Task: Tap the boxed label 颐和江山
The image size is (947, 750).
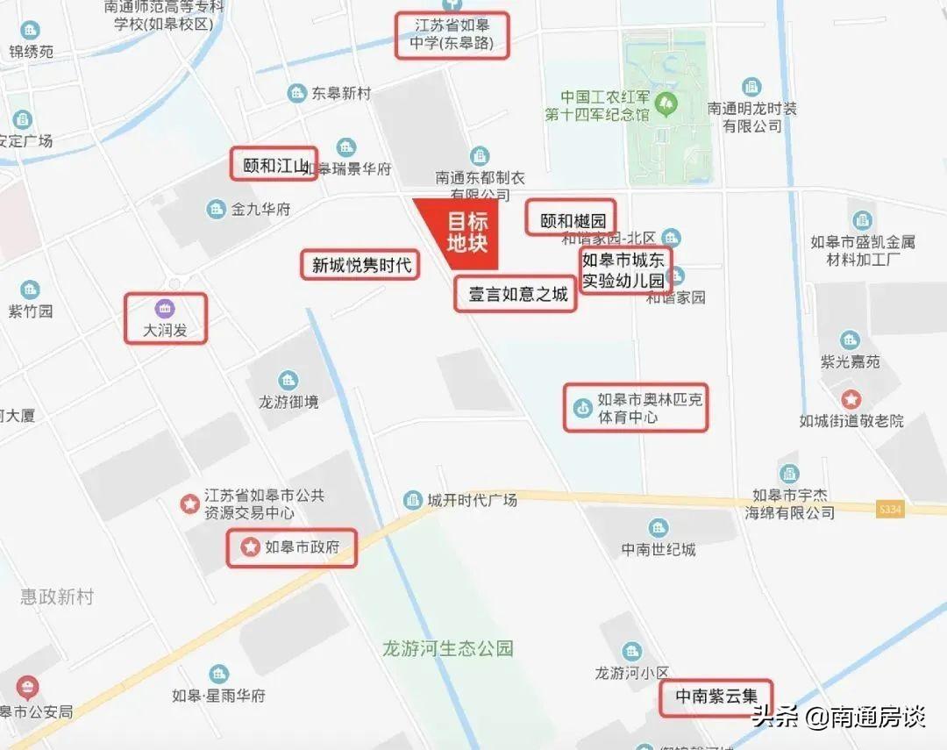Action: tap(274, 164)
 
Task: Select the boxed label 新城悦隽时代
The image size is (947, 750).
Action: tap(360, 264)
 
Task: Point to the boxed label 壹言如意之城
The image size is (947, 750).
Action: tap(516, 294)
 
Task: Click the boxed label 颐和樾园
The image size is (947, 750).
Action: tap(571, 218)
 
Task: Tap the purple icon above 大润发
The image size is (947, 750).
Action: tap(165, 309)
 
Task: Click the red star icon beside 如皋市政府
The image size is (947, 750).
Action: tap(250, 548)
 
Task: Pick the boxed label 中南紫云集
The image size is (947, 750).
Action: tap(716, 697)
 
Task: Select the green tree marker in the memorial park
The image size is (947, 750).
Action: tap(668, 104)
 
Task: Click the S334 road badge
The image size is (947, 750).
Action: tap(889, 509)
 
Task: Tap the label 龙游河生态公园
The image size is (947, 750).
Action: tap(447, 649)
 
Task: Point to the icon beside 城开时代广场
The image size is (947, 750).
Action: tap(413, 500)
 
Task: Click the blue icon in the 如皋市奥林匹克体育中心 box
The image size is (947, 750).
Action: tap(581, 408)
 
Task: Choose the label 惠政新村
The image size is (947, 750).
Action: tap(57, 597)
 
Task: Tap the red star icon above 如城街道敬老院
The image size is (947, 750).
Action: tap(851, 399)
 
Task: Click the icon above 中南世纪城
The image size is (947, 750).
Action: tap(659, 528)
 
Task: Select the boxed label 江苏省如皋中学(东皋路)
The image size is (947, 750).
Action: tap(452, 35)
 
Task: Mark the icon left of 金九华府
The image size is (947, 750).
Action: tap(216, 210)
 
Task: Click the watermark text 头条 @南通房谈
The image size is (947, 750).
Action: tap(839, 718)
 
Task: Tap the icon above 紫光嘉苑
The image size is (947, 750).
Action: tap(850, 340)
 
